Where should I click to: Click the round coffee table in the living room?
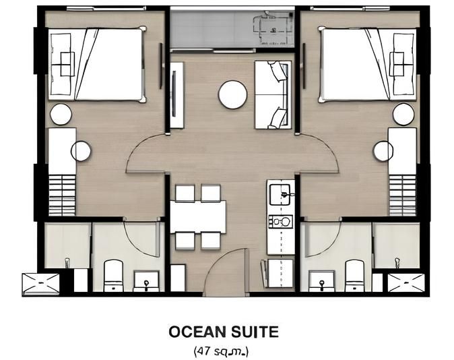point(232,94)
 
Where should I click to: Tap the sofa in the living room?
point(272,94)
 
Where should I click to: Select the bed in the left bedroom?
point(96,64)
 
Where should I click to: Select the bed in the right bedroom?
point(368,65)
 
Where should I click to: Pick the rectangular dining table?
point(197,216)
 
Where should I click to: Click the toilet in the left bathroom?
point(113,275)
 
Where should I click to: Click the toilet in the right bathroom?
point(354,275)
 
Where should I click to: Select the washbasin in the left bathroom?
point(145,280)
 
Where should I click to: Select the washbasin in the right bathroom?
point(321,280)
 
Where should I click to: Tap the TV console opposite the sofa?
point(176,94)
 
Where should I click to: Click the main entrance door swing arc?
point(226,270)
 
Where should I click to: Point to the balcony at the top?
point(232,28)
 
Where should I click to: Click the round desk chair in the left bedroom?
point(81,151)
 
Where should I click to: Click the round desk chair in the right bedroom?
point(383,151)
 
